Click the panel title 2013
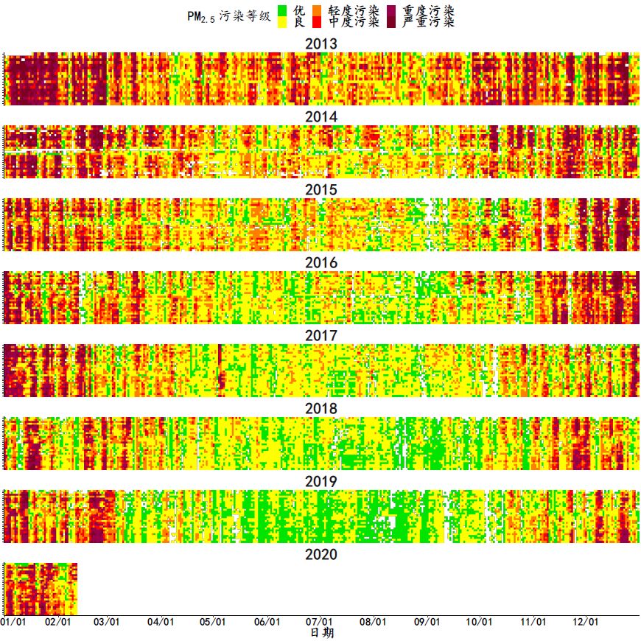tap(321, 44)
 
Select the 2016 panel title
tap(321, 263)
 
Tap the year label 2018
tap(321, 409)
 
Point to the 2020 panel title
tap(321, 555)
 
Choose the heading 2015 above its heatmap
tap(321, 190)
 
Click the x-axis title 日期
tap(320, 633)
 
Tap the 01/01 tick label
tap(13, 622)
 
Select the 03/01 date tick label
tap(107, 622)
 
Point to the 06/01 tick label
tap(267, 622)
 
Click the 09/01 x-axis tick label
tap(427, 622)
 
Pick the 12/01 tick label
tap(584, 622)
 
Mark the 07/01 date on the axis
tap(319, 622)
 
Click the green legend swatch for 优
tap(282, 10)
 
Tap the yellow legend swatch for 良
tap(282, 22)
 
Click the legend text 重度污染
tap(428, 10)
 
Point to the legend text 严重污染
tap(428, 22)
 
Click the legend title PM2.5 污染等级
tap(229, 16)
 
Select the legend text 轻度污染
tap(354, 10)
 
